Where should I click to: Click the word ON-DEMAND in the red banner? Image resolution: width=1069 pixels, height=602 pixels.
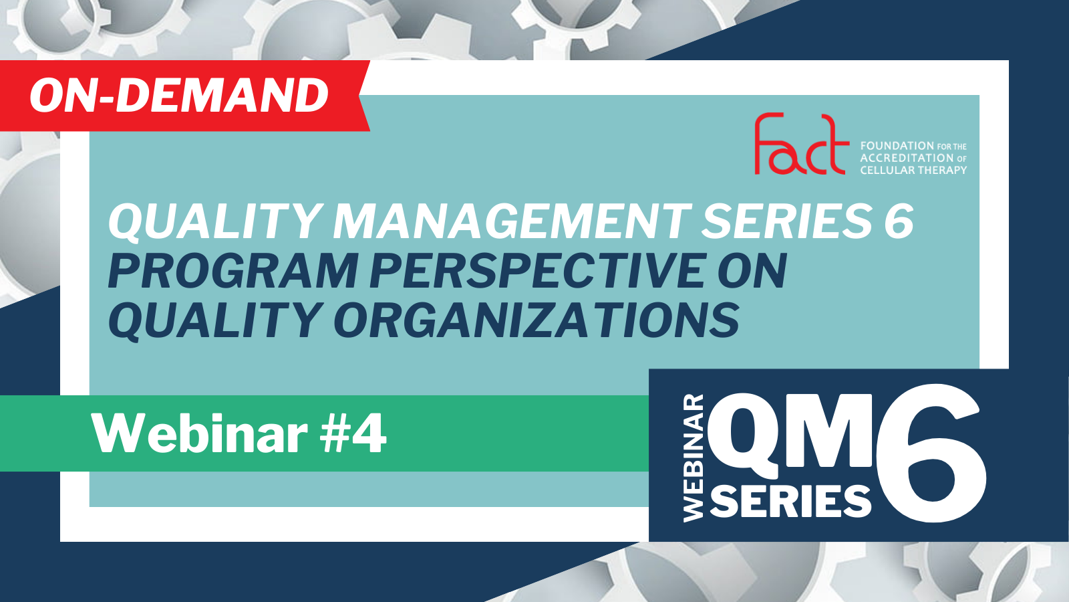pos(179,96)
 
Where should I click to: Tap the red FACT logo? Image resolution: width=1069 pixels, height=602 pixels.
pos(802,144)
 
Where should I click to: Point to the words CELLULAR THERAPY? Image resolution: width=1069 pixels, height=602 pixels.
pos(913,170)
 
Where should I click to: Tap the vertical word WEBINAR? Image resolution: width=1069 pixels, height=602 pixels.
pos(694,458)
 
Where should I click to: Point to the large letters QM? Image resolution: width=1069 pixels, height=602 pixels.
pos(790,435)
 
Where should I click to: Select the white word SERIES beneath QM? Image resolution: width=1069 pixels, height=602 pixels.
pos(791,500)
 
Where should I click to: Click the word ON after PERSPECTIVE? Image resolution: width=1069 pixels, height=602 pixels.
pos(752,271)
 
